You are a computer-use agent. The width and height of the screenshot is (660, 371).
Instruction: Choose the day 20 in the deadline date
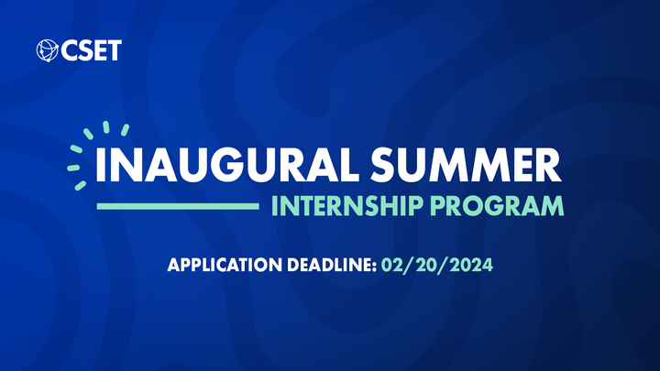click(x=428, y=267)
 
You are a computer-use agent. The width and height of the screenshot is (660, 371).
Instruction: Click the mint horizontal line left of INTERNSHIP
click(x=178, y=206)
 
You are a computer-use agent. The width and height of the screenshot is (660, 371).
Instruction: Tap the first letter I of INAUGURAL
click(x=100, y=164)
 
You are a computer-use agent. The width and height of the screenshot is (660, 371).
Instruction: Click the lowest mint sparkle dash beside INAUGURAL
click(x=81, y=186)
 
